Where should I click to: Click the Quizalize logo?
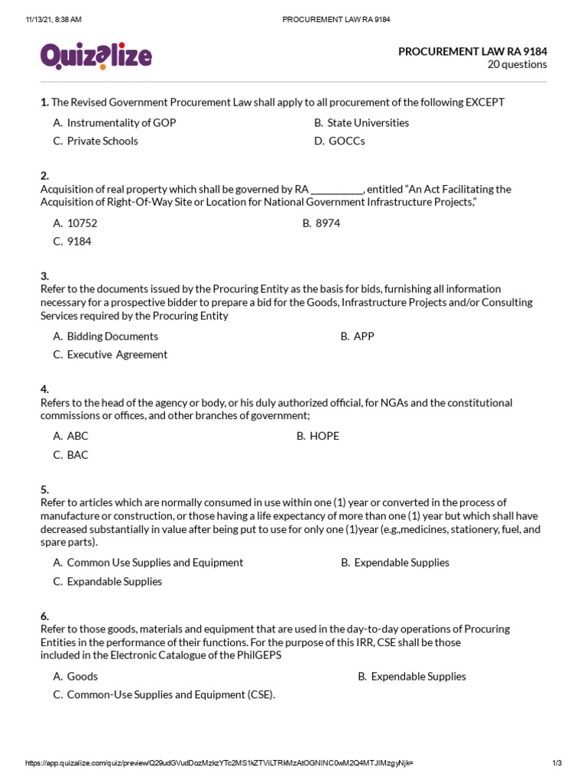point(96,57)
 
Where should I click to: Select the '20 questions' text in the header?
point(517,65)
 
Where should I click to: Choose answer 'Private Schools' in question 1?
point(102,141)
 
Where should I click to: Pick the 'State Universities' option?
point(368,122)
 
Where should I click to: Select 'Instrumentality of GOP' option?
point(121,122)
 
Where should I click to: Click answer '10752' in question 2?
point(82,223)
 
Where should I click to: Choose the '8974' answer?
point(327,223)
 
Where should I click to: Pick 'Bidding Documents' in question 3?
point(112,336)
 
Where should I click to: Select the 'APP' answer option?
point(364,336)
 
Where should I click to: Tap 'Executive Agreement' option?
point(117,355)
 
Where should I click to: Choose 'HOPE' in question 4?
point(324,436)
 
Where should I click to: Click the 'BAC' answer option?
point(77,455)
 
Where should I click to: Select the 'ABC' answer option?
point(77,436)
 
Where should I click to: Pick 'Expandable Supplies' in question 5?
point(115,581)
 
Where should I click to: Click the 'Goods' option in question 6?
point(82,676)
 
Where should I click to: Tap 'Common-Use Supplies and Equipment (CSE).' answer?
point(170,695)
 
